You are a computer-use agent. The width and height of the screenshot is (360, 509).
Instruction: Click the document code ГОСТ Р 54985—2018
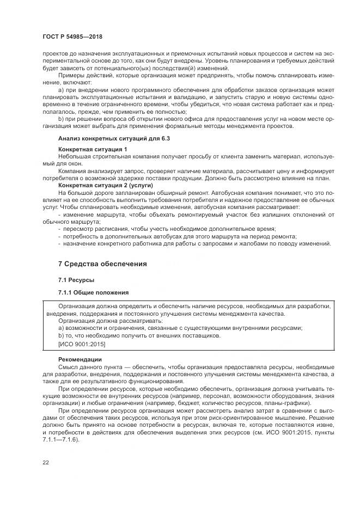72,36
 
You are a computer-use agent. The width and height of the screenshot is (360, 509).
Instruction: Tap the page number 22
45,462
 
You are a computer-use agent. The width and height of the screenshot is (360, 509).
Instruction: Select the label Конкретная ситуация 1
93,149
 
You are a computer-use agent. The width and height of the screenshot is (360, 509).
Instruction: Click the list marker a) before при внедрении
60,89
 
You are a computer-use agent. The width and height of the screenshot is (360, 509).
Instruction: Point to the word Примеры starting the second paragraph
71,75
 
